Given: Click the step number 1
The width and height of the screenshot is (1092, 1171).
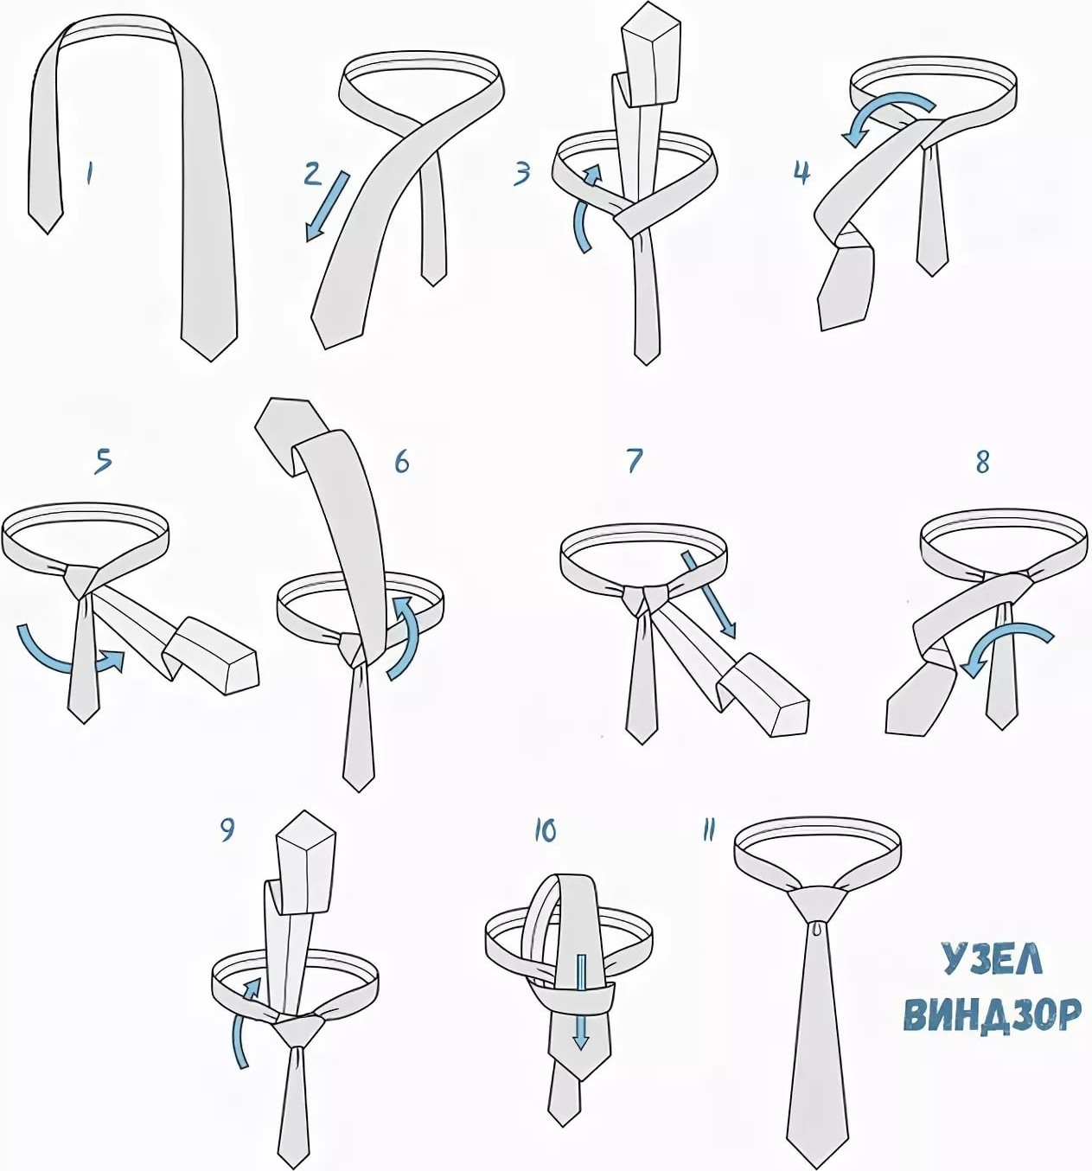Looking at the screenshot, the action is click(89, 174).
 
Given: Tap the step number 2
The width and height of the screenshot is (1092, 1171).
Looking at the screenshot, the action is click(312, 173).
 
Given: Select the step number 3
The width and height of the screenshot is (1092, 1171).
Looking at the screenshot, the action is click(522, 173).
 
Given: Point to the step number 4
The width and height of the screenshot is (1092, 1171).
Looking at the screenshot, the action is click(801, 173).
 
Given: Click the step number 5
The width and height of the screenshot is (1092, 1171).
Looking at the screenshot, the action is click(103, 460).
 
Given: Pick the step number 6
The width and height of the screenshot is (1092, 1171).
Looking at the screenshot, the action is click(401, 460).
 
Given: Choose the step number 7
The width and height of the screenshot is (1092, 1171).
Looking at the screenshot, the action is click(635, 460).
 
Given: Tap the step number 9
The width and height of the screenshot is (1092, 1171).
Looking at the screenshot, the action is click(227, 830).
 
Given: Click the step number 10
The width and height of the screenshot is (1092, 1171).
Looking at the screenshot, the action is click(545, 831).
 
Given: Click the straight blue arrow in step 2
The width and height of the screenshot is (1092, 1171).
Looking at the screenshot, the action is click(328, 206).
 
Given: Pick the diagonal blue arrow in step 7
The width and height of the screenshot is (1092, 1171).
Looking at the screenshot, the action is click(708, 595).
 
